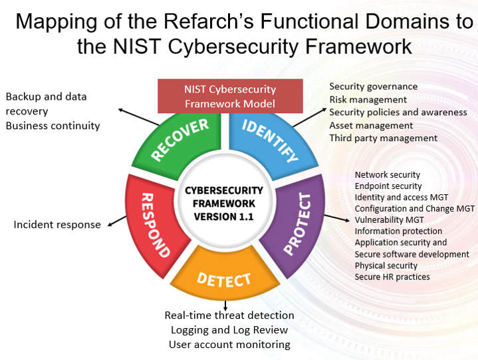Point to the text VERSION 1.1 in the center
tap(224, 216)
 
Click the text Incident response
tap(57, 225)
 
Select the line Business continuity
tap(53, 125)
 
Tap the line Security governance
tap(373, 87)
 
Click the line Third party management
tap(383, 138)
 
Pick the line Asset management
tap(371, 125)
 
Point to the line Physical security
tap(386, 266)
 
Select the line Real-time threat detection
tap(229, 315)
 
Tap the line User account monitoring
tap(229, 344)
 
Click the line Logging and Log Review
tap(229, 329)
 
